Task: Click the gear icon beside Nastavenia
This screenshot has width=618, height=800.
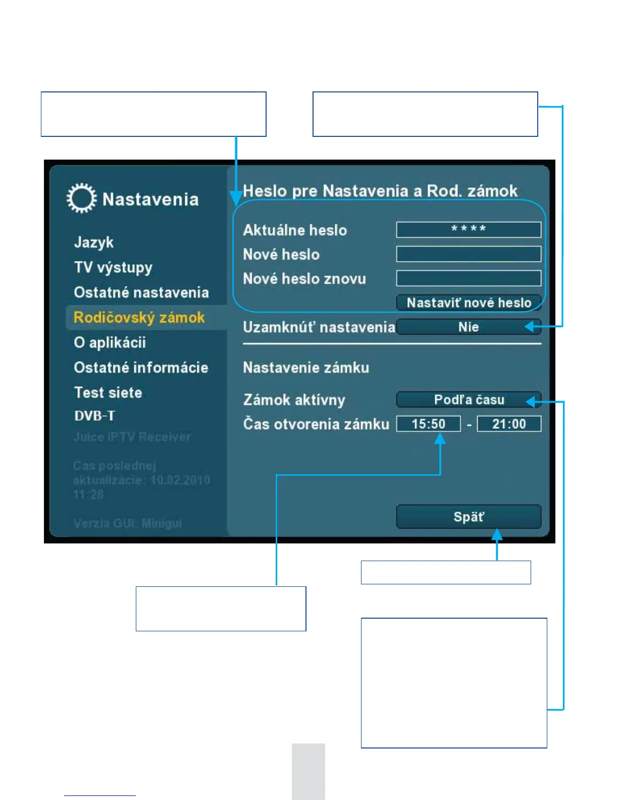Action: pos(81,198)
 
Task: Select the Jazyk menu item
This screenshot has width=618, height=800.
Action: pos(94,242)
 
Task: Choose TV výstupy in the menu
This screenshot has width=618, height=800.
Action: pos(113,267)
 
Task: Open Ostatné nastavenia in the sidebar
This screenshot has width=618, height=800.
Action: pos(141,292)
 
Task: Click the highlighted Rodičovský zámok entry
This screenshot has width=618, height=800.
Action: pos(139,318)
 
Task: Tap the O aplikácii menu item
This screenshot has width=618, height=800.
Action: pos(110,342)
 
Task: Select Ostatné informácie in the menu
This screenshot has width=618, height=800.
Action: pos(141,368)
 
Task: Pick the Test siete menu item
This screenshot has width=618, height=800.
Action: pos(108,392)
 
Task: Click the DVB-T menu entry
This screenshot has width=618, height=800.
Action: pos(94,416)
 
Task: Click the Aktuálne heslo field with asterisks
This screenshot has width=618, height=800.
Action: pos(469,230)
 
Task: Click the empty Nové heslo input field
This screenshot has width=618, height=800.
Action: pos(469,254)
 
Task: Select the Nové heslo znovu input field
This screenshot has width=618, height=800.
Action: pos(469,278)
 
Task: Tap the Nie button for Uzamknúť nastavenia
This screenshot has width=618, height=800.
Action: pos(469,327)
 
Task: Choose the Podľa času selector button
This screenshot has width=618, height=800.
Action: pos(469,399)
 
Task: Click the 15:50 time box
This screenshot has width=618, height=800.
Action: pos(428,424)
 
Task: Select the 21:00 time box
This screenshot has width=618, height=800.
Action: pos(509,424)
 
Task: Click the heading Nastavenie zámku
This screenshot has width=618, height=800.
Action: pos(306,368)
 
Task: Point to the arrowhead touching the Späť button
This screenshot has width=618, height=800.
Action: pos(497,534)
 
